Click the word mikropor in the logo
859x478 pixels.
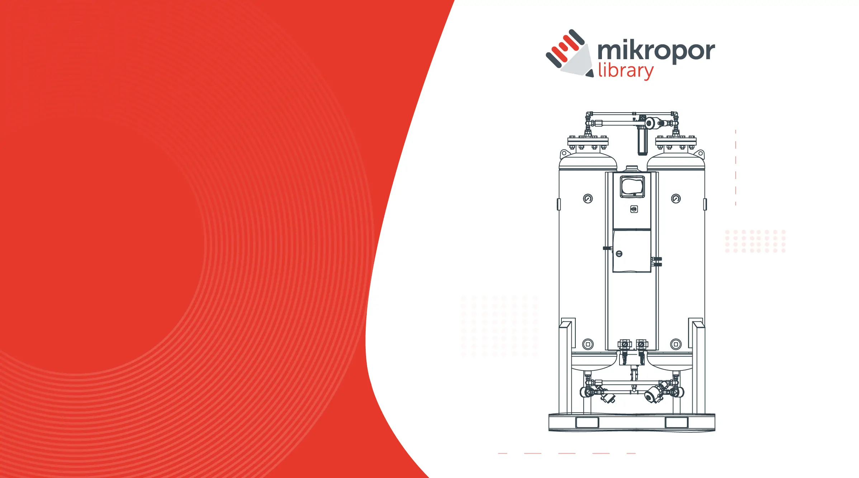(656, 51)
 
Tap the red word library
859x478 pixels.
(626, 71)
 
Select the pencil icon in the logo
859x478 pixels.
(569, 53)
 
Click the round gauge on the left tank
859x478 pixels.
(588, 199)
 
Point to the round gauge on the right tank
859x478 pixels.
(676, 199)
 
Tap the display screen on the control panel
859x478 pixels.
(632, 186)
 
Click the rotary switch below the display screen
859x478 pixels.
(634, 209)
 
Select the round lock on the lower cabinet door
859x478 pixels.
(619, 254)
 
